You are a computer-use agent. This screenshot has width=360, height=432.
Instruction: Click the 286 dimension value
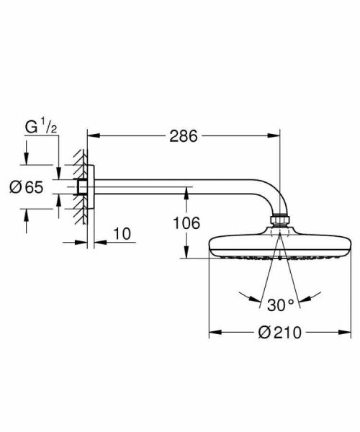pyautogui.click(x=183, y=135)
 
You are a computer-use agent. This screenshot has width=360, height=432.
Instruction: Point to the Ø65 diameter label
pyautogui.click(x=27, y=187)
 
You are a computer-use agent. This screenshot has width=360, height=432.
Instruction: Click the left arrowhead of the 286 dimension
pyautogui.click(x=91, y=135)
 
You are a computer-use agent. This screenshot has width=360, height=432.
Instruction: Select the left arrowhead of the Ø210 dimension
pyautogui.click(x=213, y=333)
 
